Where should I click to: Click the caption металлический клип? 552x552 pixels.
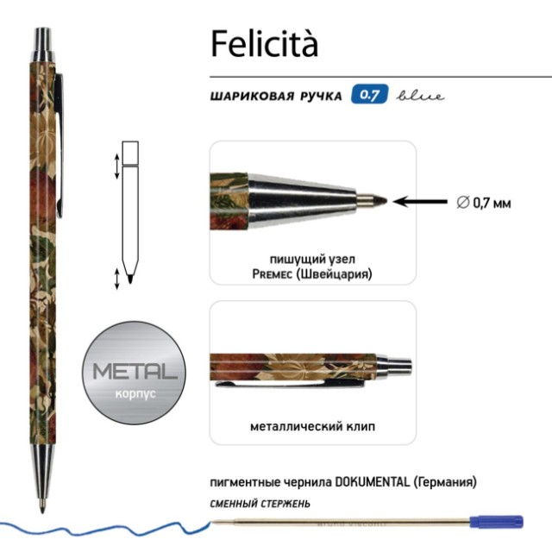point(312,426)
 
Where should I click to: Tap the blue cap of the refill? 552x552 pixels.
point(497,522)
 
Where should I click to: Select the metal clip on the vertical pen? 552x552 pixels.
point(62,138)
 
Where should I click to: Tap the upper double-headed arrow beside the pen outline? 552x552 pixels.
point(116,166)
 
